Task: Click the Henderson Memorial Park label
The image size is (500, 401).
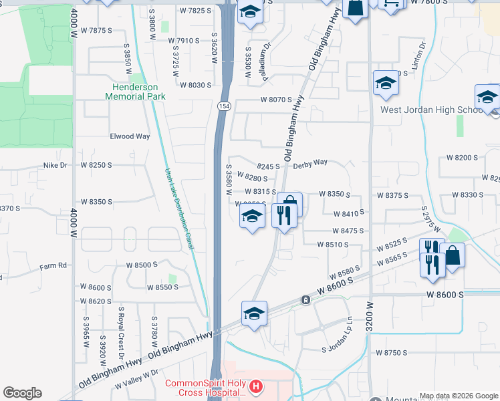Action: tap(135, 92)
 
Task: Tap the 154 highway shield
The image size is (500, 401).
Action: tap(223, 107)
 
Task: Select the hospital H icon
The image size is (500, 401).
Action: tap(254, 386)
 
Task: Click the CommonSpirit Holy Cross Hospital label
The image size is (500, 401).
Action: tap(206, 388)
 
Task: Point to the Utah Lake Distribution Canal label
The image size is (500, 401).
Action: tap(179, 209)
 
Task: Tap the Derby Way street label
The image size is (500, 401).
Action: tap(311, 162)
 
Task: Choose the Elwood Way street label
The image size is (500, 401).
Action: tap(130, 136)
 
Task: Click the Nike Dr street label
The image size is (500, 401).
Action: tap(55, 164)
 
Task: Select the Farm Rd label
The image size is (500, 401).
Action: tap(53, 265)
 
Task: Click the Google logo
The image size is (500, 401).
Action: tap(22, 393)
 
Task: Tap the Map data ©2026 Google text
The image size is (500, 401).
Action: tap(458, 396)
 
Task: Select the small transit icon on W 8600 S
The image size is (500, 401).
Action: tap(305, 300)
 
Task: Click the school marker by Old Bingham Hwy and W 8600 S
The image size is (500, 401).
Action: tap(254, 313)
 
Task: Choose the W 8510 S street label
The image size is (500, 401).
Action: tap(334, 245)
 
